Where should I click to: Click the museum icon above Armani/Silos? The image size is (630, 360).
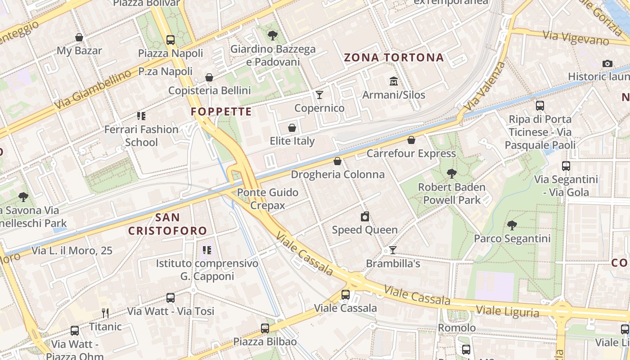tap(394, 81)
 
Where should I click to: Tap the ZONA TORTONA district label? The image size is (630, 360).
tap(394, 58)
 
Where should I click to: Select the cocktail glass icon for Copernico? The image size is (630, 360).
tap(319, 94)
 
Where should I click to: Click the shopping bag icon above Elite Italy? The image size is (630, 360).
tap(292, 128)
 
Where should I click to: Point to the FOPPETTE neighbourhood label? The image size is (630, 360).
tap(221, 112)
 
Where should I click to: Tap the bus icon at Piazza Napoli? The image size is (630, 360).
tap(171, 40)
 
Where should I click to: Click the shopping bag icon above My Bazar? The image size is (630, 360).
tap(79, 37)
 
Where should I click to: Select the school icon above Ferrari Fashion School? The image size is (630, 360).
tap(141, 116)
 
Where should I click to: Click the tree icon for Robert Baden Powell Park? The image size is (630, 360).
tap(451, 174)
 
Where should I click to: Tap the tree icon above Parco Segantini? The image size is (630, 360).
tap(512, 225)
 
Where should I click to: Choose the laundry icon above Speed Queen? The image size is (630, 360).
tap(365, 216)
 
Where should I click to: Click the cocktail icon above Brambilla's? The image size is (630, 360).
tap(393, 250)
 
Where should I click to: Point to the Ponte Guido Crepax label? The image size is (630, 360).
tap(268, 199)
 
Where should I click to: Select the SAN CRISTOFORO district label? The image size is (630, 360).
tap(167, 224)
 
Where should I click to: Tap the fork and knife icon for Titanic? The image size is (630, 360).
tap(105, 313)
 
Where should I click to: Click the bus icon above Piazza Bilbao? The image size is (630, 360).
tap(265, 328)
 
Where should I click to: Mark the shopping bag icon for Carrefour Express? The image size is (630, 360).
tap(411, 140)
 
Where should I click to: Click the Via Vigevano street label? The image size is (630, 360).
tap(576, 38)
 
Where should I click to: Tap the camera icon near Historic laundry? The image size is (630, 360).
tap(607, 63)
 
